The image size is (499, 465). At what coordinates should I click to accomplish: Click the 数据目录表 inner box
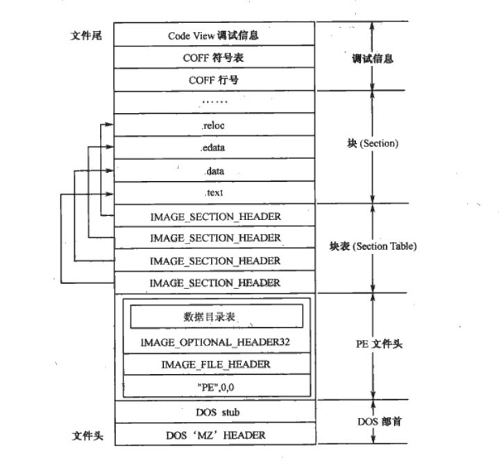(x=217, y=316)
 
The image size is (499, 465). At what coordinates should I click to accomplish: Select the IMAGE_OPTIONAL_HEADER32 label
(x=215, y=342)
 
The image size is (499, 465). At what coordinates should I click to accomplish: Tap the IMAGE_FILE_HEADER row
(x=215, y=364)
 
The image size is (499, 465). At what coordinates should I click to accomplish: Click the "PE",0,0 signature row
(x=215, y=386)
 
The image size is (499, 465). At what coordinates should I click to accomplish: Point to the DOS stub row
(x=215, y=412)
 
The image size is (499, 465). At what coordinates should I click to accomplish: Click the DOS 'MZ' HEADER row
(x=215, y=435)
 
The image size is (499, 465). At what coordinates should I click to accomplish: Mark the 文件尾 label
(x=86, y=35)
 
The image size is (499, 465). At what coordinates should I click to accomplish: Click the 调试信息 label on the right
(x=373, y=59)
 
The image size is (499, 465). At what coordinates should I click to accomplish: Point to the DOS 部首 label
(x=373, y=421)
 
